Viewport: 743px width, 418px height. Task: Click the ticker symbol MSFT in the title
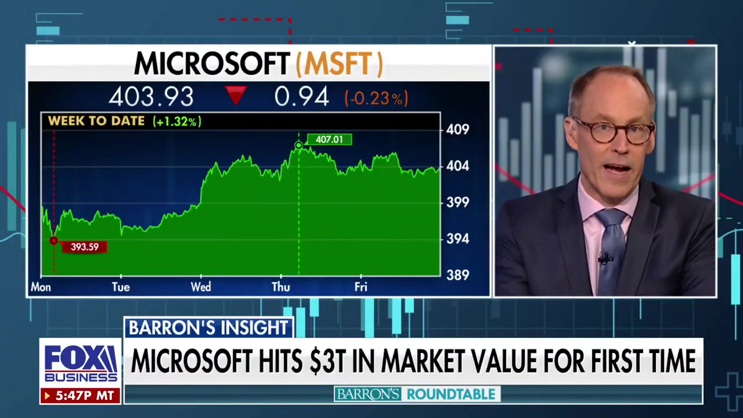coord(340,64)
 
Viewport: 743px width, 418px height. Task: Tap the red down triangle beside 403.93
coord(236,95)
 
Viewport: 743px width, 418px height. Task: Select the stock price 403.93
coord(151,97)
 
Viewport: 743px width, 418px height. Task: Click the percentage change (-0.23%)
coord(376,98)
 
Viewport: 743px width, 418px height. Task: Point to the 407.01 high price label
coord(329,139)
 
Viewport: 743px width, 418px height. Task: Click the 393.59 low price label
coord(84,247)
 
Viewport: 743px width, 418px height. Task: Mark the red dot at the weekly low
coord(53,241)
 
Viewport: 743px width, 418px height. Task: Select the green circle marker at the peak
coord(298,145)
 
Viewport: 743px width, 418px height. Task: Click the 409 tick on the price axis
coord(457,129)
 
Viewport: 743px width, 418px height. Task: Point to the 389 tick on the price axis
coord(457,275)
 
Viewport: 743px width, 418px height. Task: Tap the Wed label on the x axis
coord(201,287)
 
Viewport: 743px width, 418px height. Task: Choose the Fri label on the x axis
coord(360,287)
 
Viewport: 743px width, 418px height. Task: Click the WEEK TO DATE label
coord(96,121)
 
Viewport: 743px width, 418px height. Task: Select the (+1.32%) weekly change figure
coord(176,121)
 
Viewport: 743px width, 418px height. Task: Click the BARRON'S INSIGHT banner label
coord(208,328)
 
